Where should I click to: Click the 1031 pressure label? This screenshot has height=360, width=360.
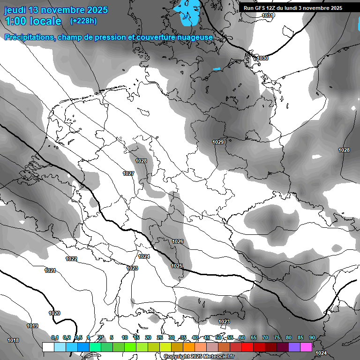pos(268,15)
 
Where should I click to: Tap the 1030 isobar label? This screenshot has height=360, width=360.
pos(262,58)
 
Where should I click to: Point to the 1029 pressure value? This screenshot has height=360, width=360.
pos(218,142)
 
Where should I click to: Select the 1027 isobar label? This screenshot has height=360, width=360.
pos(128,173)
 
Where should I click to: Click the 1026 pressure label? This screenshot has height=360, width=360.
pos(178,241)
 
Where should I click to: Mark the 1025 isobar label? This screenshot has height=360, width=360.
pos(177,266)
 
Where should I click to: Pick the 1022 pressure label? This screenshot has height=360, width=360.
pos(71,259)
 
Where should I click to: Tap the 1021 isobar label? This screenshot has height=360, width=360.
pos(50,270)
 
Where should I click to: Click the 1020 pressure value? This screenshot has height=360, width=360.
pos(54,313)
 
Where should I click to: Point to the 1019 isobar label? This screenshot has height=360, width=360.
pos(32,326)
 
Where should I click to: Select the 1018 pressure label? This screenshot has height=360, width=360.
pos(13,340)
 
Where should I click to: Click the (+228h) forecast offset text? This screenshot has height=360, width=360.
pos(83,21)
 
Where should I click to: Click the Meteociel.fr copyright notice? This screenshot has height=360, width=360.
pos(199,356)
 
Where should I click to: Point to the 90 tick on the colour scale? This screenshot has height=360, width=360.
pos(312,337)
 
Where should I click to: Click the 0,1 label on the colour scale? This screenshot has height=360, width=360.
pos(55,337)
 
